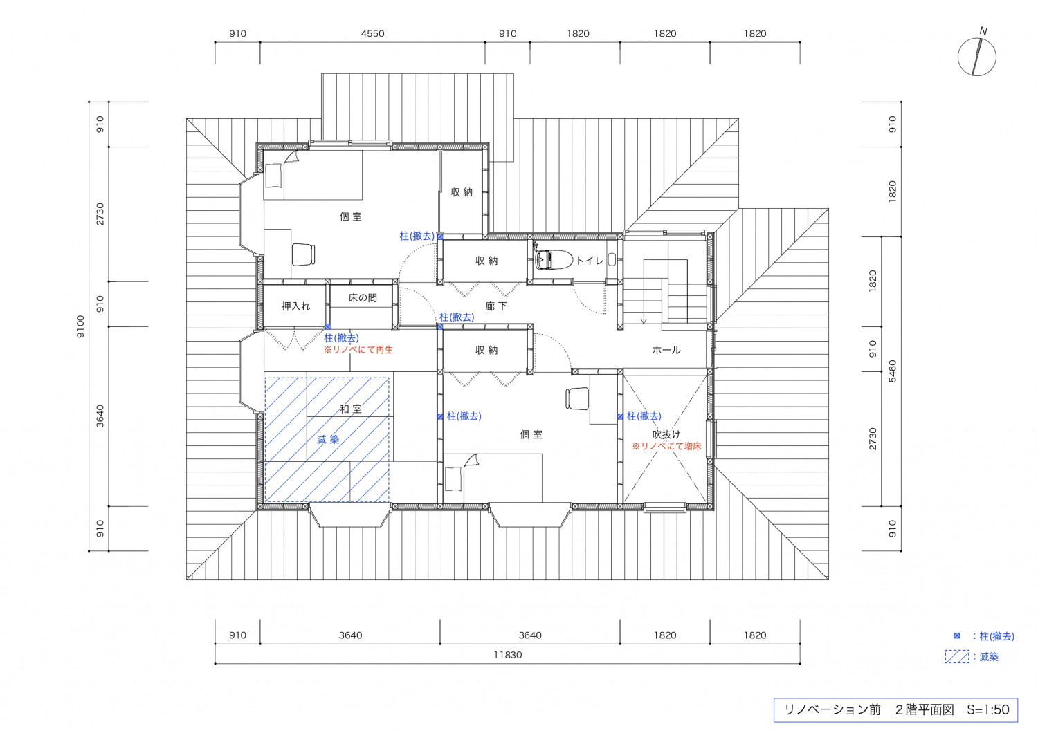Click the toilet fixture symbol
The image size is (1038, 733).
coord(554,260)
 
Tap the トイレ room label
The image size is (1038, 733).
coord(590,261)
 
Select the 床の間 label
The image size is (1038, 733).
coord(363,298)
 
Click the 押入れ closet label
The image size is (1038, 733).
coord(295,306)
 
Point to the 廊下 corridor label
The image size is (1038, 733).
coord(496,306)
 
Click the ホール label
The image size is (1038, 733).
coord(666,350)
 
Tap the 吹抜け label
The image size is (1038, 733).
coord(666,434)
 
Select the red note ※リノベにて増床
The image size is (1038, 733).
coord(666,447)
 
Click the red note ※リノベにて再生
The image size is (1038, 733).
coord(358,350)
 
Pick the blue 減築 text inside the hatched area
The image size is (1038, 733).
coord(328,439)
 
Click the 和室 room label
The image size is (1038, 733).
coord(351,409)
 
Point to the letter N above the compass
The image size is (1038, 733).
coord(983,31)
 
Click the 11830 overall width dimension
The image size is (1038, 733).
coord(507,655)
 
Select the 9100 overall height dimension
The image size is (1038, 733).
coord(81,326)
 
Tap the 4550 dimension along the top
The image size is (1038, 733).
coord(372,33)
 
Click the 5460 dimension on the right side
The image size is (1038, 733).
coord(892,371)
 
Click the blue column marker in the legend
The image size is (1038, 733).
coord(957,635)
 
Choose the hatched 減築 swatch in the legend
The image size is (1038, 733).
coord(957,657)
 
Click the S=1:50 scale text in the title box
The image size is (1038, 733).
coord(988,710)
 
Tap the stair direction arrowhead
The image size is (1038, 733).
coord(644,320)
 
